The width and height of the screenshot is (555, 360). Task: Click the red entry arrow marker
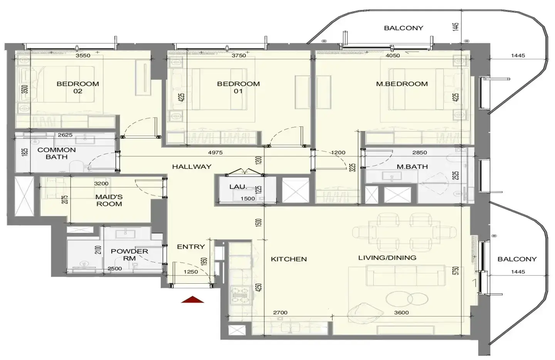193,299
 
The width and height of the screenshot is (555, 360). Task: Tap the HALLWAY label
192,167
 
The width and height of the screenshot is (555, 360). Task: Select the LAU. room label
238,187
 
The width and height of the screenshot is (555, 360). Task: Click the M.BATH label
412,167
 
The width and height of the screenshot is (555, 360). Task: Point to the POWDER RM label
129,255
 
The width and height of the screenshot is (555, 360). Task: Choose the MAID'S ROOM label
109,200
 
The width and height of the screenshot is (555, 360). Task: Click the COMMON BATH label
57,153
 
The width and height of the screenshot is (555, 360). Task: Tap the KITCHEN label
289,259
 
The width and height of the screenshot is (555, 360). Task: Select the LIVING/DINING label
387,258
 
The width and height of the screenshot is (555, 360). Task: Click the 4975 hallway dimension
215,153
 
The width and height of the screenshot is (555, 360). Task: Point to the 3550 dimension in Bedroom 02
83,56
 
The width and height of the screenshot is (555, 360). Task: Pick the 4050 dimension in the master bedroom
393,56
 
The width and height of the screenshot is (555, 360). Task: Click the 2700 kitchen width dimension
280,313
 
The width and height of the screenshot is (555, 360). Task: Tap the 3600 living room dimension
401,313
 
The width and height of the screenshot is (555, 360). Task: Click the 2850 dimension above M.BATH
419,153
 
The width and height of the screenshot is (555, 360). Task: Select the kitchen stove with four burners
240,295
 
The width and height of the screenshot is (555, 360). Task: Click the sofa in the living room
405,275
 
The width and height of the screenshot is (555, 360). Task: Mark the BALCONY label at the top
404,28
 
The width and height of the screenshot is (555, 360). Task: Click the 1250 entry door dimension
191,272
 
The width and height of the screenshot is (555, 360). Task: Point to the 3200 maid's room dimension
101,183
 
